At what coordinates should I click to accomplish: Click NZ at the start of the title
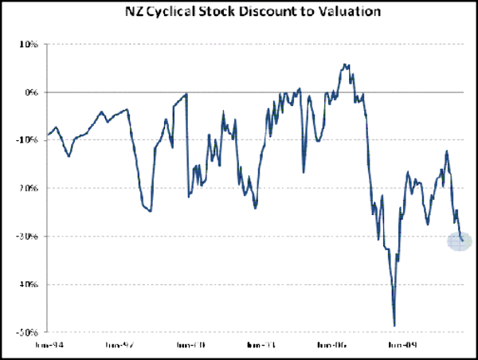coord(132,13)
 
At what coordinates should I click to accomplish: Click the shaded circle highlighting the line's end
coord(460,241)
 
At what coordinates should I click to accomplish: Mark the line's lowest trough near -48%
coord(394,325)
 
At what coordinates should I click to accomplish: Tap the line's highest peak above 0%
coord(344,65)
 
